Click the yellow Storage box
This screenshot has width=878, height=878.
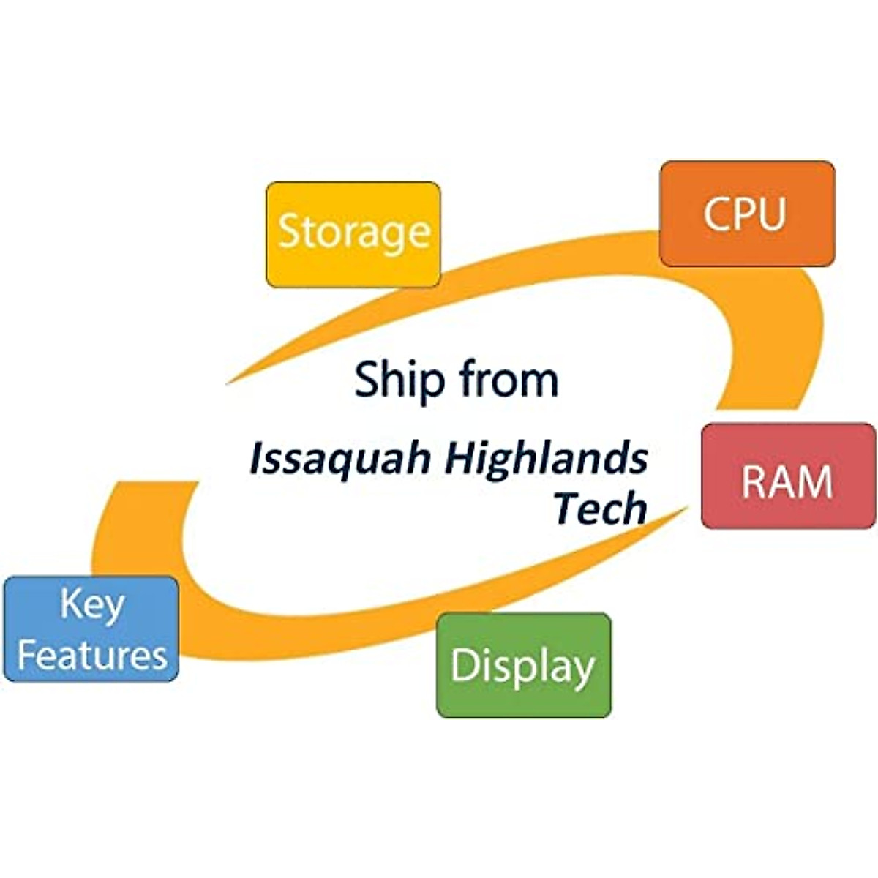click(x=353, y=234)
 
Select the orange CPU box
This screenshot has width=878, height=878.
click(x=747, y=213)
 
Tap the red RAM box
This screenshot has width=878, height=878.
click(x=788, y=476)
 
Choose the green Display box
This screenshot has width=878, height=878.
click(x=523, y=665)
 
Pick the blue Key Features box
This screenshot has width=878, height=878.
click(x=91, y=629)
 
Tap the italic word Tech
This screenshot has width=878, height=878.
click(x=601, y=508)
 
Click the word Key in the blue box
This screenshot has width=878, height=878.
click(x=92, y=605)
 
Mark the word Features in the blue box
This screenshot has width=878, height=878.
click(x=92, y=654)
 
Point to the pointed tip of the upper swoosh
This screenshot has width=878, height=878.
click(x=228, y=383)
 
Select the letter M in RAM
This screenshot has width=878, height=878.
click(x=816, y=482)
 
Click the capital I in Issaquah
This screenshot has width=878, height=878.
click(x=256, y=458)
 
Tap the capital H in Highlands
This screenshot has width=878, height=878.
click(x=460, y=458)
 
